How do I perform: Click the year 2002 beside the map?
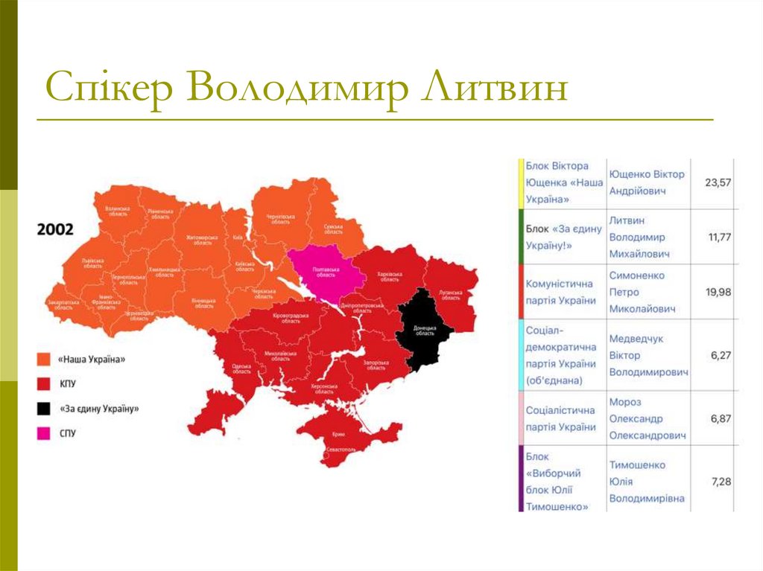point(56,229)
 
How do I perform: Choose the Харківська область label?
point(390,275)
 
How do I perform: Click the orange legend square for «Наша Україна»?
point(44,359)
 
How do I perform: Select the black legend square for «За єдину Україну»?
point(44,408)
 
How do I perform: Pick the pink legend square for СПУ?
point(44,433)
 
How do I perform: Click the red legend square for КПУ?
point(44,383)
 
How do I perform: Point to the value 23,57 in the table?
point(718,182)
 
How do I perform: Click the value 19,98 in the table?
point(718,292)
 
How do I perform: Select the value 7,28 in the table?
point(721,482)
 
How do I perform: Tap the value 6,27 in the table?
point(721,355)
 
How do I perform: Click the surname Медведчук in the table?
point(636,339)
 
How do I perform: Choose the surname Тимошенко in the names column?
point(637,465)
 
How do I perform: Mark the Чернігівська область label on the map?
point(281,219)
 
